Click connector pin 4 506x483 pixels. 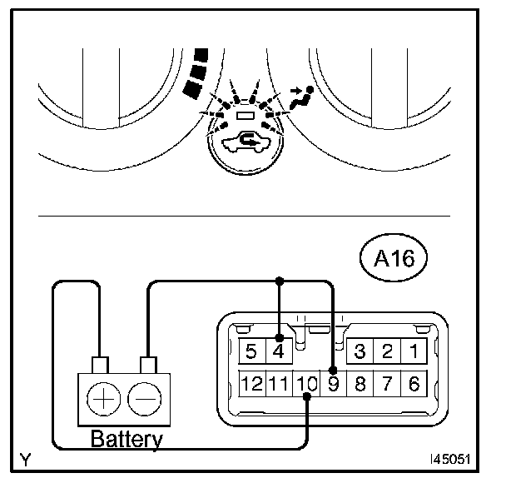pyautogui.click(x=280, y=351)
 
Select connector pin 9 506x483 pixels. pyautogui.click(x=334, y=383)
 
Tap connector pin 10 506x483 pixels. pyautogui.click(x=306, y=384)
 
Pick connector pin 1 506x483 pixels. pyautogui.click(x=414, y=351)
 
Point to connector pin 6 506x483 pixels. pyautogui.click(x=414, y=383)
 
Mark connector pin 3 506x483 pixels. pyautogui.click(x=360, y=351)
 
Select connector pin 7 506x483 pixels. pyautogui.click(x=387, y=383)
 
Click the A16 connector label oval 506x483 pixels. pyautogui.click(x=394, y=258)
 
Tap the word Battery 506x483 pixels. pyautogui.click(x=126, y=439)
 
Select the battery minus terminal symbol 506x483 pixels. pyautogui.click(x=146, y=398)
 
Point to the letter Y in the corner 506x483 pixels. pyautogui.click(x=27, y=459)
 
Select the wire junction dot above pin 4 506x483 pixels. pyautogui.click(x=280, y=281)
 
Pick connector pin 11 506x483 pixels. pyautogui.click(x=279, y=384)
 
